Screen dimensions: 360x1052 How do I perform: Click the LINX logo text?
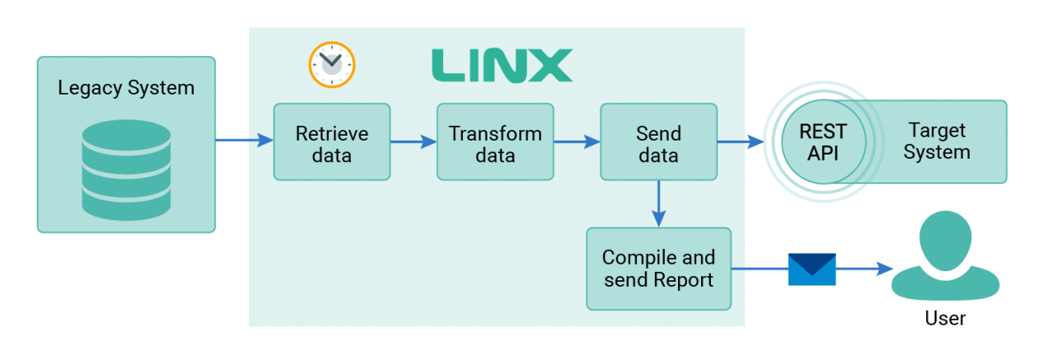click(x=501, y=66)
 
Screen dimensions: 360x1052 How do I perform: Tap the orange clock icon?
click(x=331, y=65)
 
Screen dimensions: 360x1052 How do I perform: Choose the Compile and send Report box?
click(x=658, y=269)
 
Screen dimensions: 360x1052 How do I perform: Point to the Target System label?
click(x=937, y=141)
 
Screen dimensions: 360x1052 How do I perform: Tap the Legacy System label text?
click(x=126, y=88)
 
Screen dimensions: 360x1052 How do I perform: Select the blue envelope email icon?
click(x=812, y=270)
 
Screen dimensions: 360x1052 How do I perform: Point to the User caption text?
click(x=945, y=318)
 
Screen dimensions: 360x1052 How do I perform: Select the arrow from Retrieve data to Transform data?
click(x=413, y=141)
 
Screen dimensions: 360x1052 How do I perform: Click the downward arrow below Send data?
click(x=658, y=204)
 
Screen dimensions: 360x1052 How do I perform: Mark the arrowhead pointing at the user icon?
click(x=885, y=269)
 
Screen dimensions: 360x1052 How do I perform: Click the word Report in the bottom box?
click(x=683, y=280)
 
